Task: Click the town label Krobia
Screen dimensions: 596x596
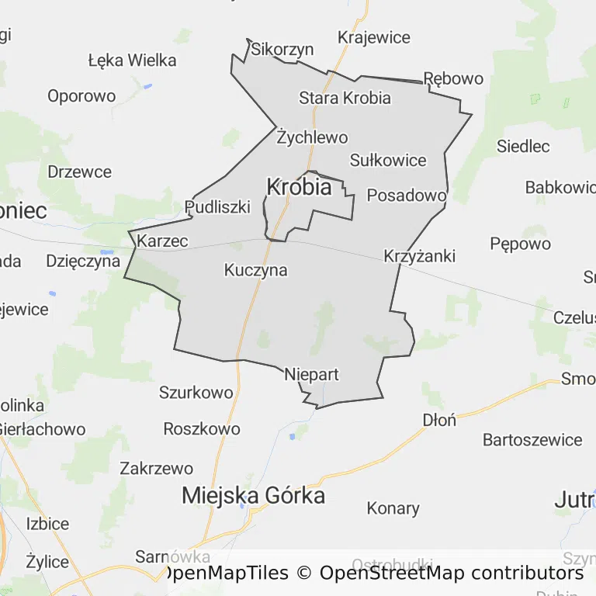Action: point(299,187)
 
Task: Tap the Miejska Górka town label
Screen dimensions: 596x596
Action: point(253,496)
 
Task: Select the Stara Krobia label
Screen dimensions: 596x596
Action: point(345,98)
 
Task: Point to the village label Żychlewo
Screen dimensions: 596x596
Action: point(312,138)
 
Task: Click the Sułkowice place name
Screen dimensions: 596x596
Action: point(388,161)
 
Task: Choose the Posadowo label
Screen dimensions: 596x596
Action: point(407,195)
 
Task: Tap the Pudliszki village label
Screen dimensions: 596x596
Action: point(217,206)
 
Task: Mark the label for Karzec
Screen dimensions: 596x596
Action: point(162,241)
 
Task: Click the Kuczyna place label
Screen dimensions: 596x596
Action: point(255,271)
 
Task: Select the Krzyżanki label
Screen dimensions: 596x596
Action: point(419,256)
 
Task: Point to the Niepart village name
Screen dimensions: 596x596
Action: point(311,375)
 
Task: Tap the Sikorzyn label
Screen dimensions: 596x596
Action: point(282,50)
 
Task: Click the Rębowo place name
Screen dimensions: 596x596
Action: point(453,78)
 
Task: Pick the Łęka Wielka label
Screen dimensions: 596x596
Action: point(132,60)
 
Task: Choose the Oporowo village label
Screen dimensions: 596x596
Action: point(81,96)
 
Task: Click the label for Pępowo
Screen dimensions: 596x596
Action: point(520,244)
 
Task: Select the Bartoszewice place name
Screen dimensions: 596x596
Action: point(532,440)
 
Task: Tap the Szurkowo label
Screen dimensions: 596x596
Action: point(196,393)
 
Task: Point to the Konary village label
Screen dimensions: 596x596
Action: point(393,509)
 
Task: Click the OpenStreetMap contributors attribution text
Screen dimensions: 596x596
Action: point(452,573)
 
